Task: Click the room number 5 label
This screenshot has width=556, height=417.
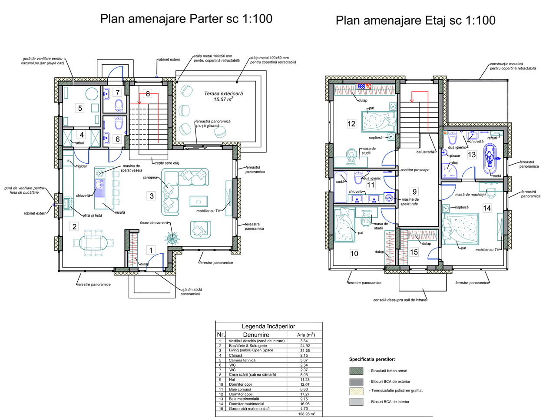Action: click(x=80, y=108)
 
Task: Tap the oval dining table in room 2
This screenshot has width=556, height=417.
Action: click(x=93, y=243)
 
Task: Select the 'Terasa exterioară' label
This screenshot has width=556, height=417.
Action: click(x=223, y=94)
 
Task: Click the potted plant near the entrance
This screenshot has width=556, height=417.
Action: click(x=172, y=238)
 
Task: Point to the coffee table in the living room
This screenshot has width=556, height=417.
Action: click(x=199, y=202)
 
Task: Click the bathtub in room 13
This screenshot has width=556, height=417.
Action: click(x=490, y=159)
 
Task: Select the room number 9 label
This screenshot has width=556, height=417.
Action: click(x=414, y=192)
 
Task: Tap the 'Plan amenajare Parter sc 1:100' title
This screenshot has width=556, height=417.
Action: click(x=186, y=19)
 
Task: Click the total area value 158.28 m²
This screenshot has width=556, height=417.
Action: click(x=307, y=414)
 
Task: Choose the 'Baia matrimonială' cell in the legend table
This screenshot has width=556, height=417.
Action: click(x=240, y=399)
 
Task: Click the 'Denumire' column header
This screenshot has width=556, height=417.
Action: click(x=256, y=334)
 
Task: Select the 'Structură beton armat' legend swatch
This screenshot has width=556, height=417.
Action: click(x=356, y=371)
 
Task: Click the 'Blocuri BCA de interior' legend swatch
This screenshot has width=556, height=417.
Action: click(x=356, y=402)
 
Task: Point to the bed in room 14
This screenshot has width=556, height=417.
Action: click(x=460, y=229)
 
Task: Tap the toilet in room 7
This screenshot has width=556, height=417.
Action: click(x=119, y=106)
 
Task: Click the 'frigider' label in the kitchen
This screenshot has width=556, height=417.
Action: click(x=81, y=166)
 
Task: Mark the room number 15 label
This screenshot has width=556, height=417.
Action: click(x=414, y=252)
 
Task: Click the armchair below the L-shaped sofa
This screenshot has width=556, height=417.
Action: click(x=200, y=229)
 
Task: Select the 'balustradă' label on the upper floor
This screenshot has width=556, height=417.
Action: click(x=425, y=152)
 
